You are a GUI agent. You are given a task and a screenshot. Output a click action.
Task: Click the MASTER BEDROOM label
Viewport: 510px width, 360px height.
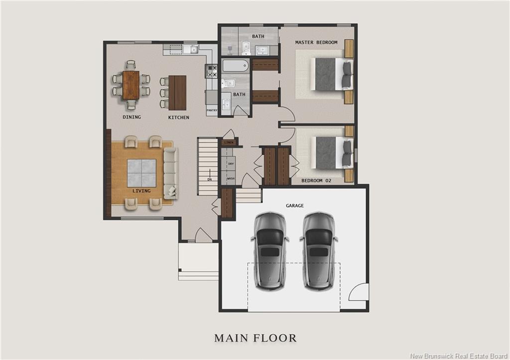click(316, 42)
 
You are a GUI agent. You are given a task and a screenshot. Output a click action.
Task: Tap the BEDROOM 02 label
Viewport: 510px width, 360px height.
click(316, 180)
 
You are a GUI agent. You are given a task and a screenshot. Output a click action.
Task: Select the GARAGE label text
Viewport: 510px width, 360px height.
click(295, 206)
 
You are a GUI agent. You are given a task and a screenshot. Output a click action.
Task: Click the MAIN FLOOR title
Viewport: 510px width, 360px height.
click(255, 338)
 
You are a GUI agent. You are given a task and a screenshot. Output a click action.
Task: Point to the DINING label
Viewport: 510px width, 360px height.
click(131, 117)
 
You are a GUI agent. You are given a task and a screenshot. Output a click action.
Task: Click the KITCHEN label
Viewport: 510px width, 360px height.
click(179, 118)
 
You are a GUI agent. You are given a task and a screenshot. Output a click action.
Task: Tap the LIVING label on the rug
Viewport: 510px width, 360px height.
click(141, 191)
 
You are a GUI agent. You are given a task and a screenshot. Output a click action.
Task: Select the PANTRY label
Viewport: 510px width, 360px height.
click(212, 110)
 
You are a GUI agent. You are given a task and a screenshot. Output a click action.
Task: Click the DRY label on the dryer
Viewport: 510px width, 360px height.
click(231, 164)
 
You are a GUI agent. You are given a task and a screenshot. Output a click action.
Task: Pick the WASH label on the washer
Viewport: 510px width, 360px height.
click(231, 179)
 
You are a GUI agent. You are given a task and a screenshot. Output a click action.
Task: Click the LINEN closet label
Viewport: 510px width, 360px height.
click(229, 142)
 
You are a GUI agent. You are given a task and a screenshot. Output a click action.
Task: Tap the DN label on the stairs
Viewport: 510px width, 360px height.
click(210, 180)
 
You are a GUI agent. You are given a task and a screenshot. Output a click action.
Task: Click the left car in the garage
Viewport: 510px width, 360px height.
click(270, 251)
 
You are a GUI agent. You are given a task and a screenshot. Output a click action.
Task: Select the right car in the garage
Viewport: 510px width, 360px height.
click(318, 251)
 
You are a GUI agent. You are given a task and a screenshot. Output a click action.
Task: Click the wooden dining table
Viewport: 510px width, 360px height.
click(131, 85)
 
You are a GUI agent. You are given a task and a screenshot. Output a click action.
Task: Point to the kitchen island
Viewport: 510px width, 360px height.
click(177, 93)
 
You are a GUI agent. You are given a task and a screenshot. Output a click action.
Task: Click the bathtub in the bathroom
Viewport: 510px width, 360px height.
click(236, 66)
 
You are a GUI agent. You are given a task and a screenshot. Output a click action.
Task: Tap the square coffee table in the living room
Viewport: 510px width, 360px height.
click(141, 173)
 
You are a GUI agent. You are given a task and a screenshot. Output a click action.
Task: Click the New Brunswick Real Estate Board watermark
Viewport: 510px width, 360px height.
click(459, 356)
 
